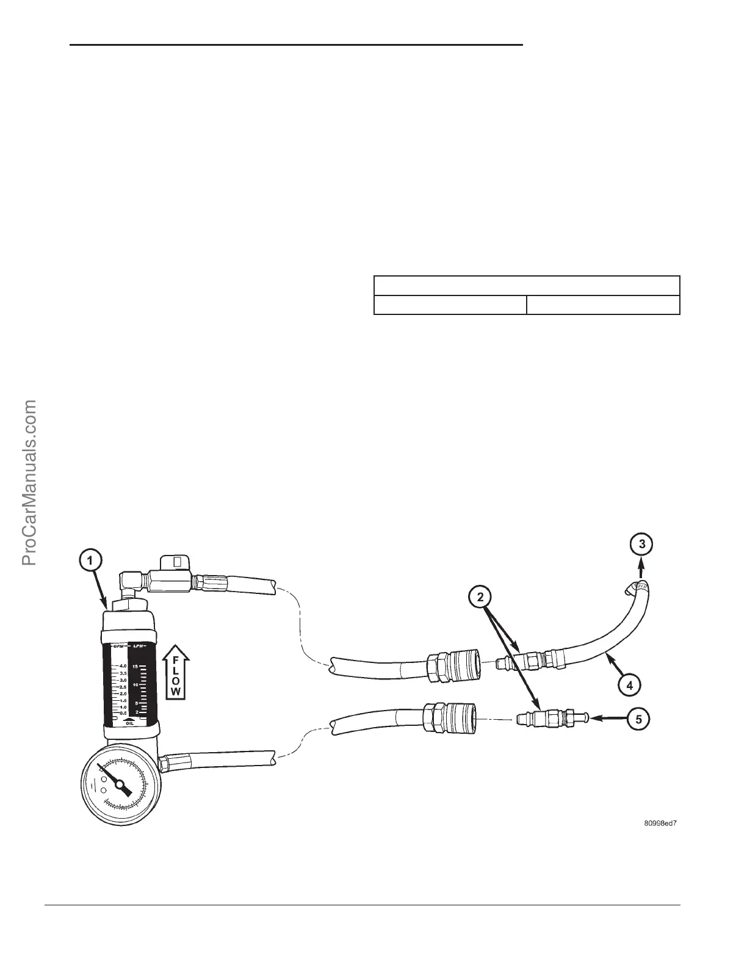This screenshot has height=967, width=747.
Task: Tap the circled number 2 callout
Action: [481, 596]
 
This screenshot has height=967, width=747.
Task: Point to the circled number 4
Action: [629, 685]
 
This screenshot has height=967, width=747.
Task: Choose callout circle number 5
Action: [638, 719]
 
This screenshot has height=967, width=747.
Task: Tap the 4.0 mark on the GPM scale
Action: [122, 666]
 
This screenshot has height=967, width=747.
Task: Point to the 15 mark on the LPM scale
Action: [135, 667]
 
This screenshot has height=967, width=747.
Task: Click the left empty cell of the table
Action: [450, 305]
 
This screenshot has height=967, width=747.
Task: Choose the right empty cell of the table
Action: [603, 305]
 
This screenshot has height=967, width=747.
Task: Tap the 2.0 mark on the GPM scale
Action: [122, 694]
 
